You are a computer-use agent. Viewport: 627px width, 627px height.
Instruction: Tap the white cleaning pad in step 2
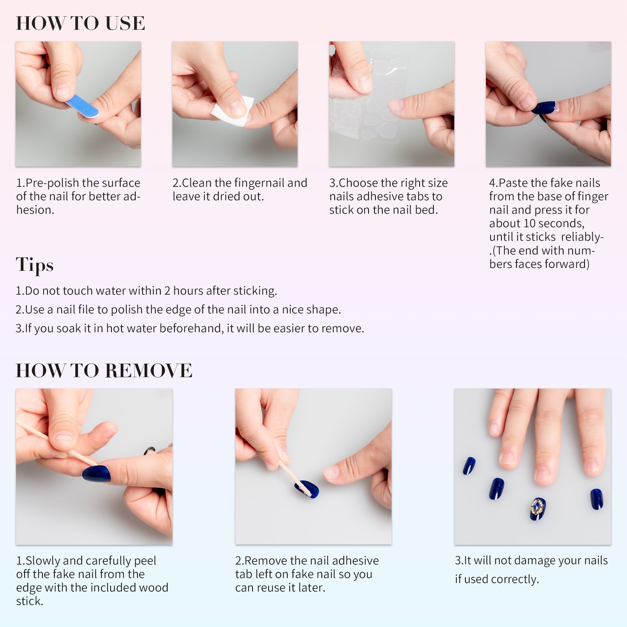(232, 111)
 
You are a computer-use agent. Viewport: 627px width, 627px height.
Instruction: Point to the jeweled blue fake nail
(538, 508)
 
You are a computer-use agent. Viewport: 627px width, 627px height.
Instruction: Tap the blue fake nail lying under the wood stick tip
(307, 489)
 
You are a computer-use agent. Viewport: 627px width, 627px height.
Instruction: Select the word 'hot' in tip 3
(115, 329)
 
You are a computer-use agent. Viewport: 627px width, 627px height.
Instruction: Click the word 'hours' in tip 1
(188, 291)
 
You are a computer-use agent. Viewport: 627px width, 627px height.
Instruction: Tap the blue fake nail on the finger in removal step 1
(96, 473)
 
